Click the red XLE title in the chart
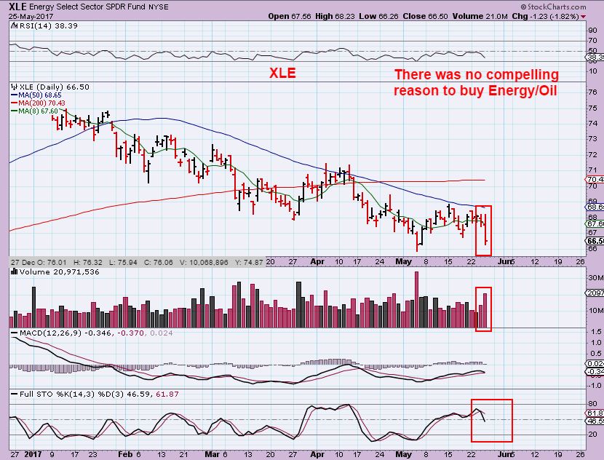click(x=282, y=74)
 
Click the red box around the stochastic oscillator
click(x=492, y=421)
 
